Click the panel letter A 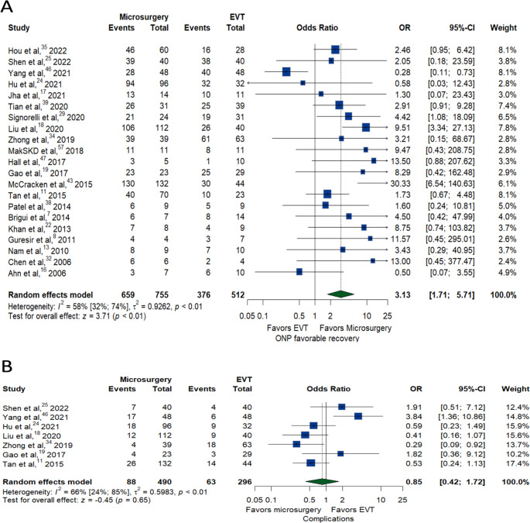pos(7,7)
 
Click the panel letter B pos(7,366)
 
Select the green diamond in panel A pos(340,294)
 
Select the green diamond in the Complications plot pos(322,482)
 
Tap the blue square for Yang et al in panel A pos(286,72)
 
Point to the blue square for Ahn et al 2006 pos(299,272)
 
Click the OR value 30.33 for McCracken pos(401,184)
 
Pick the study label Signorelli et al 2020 pos(46,117)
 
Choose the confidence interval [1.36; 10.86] pos(463,416)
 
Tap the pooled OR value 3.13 pos(402,295)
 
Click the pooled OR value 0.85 pos(414,482)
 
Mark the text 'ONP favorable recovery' pos(317,338)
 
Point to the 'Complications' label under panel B pos(328,518)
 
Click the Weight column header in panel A pos(503,28)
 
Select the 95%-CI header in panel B pos(472,389)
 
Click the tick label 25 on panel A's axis pos(388,316)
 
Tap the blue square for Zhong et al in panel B pos(296,444)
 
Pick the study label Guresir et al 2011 pos(42,239)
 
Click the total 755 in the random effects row pos(159,295)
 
